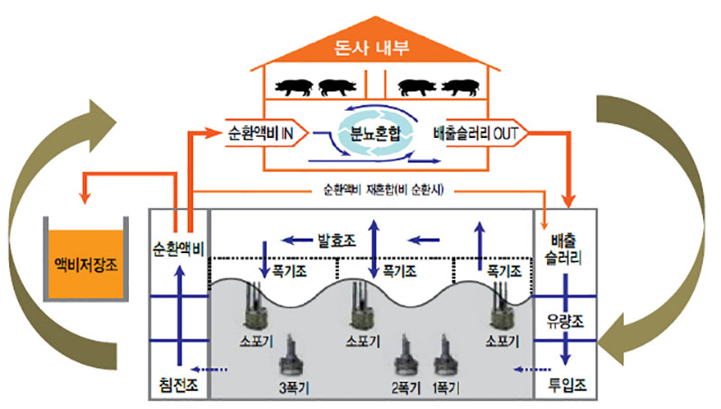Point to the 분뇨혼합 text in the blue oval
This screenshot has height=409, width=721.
372,135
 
